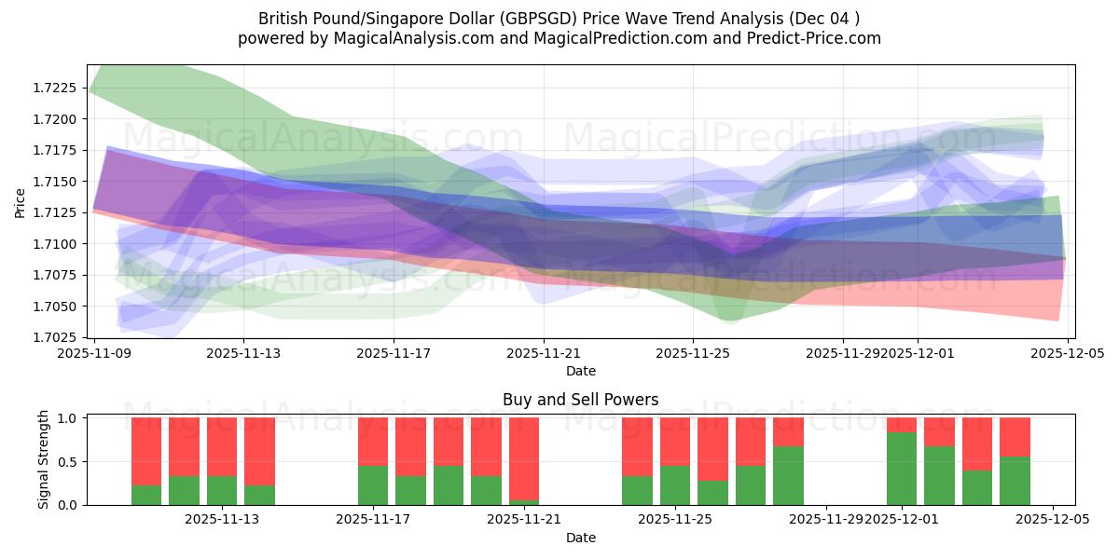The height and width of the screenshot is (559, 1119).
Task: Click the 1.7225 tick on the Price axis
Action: [x=59, y=88]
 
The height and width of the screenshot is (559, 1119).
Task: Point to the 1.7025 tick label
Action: [x=59, y=337]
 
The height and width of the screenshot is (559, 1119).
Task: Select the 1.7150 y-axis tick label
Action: [x=59, y=182]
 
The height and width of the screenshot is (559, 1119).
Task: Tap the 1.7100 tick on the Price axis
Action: [x=59, y=244]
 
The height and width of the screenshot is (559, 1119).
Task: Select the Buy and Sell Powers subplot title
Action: [x=580, y=400]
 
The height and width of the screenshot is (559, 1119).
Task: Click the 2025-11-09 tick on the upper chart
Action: [x=93, y=353]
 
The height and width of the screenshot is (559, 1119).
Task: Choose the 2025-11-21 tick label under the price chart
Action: [x=544, y=353]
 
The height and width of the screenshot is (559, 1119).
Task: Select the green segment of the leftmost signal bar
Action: [x=146, y=495]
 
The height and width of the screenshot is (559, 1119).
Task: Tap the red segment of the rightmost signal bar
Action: [x=1015, y=436]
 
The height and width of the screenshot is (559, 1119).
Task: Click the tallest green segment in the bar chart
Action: [x=902, y=468]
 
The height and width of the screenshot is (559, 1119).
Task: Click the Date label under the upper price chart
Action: [x=580, y=371]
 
